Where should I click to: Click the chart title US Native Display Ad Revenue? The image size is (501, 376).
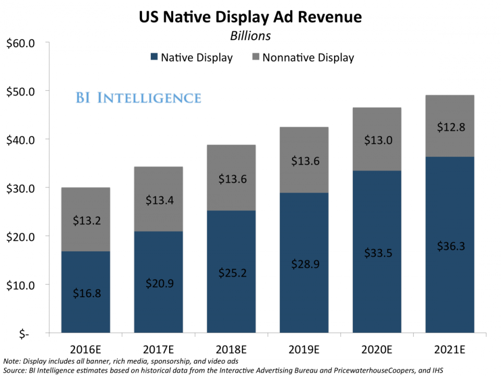click(250, 17)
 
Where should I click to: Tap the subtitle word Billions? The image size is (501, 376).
click(250, 36)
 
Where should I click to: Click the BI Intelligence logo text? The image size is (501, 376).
click(138, 98)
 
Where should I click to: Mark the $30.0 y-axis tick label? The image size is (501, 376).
click(20, 187)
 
